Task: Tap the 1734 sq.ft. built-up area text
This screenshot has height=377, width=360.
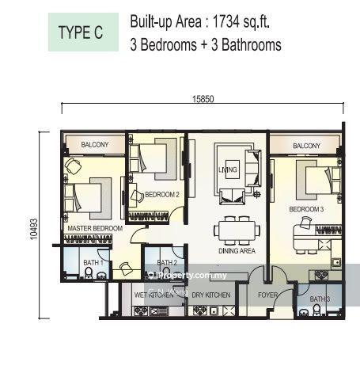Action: pyautogui.click(x=206, y=22)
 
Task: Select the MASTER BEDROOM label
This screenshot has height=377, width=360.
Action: pyautogui.click(x=95, y=228)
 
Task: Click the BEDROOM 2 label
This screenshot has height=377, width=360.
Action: pyautogui.click(x=161, y=193)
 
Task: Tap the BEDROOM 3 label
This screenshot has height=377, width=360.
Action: pyautogui.click(x=306, y=209)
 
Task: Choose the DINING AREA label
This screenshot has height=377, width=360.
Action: pyautogui.click(x=236, y=250)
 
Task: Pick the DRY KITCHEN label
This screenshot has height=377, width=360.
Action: pyautogui.click(x=211, y=295)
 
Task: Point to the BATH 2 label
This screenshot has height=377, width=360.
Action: pyautogui.click(x=166, y=262)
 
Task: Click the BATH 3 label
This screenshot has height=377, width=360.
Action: pyautogui.click(x=320, y=299)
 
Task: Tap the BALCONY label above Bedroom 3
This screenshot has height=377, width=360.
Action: pyautogui.click(x=306, y=146)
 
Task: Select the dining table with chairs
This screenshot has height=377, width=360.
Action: pyautogui.click(x=235, y=229)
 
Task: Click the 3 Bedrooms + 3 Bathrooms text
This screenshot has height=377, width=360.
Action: pyautogui.click(x=206, y=45)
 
